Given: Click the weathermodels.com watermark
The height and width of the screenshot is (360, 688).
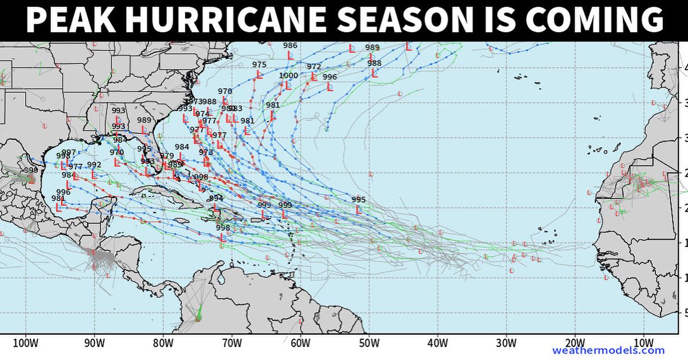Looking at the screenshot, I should [608, 351].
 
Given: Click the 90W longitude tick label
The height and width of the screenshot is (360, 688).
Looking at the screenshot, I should [94, 343].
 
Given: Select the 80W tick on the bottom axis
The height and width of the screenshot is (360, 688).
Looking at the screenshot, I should [163, 343].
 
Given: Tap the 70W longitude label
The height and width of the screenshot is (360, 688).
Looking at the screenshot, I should [232, 343].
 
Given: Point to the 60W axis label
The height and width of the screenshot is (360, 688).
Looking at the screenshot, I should [300, 343].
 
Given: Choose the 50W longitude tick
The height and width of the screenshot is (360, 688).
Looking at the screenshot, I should [369, 343].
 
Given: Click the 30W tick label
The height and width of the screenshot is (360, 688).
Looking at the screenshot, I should [506, 343].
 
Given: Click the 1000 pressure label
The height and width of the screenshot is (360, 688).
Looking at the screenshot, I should [288, 76].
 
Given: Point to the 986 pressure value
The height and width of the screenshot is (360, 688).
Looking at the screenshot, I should [290, 45].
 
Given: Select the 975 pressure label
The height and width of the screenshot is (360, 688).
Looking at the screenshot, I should [259, 65].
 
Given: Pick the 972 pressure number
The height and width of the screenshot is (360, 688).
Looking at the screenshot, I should [314, 66].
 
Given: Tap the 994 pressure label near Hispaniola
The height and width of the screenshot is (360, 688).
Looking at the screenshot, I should [216, 198].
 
